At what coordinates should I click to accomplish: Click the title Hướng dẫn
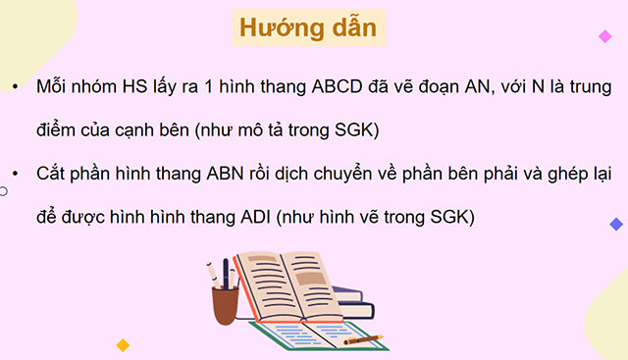tap(307, 27)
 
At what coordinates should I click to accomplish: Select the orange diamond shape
tap(123, 345)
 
